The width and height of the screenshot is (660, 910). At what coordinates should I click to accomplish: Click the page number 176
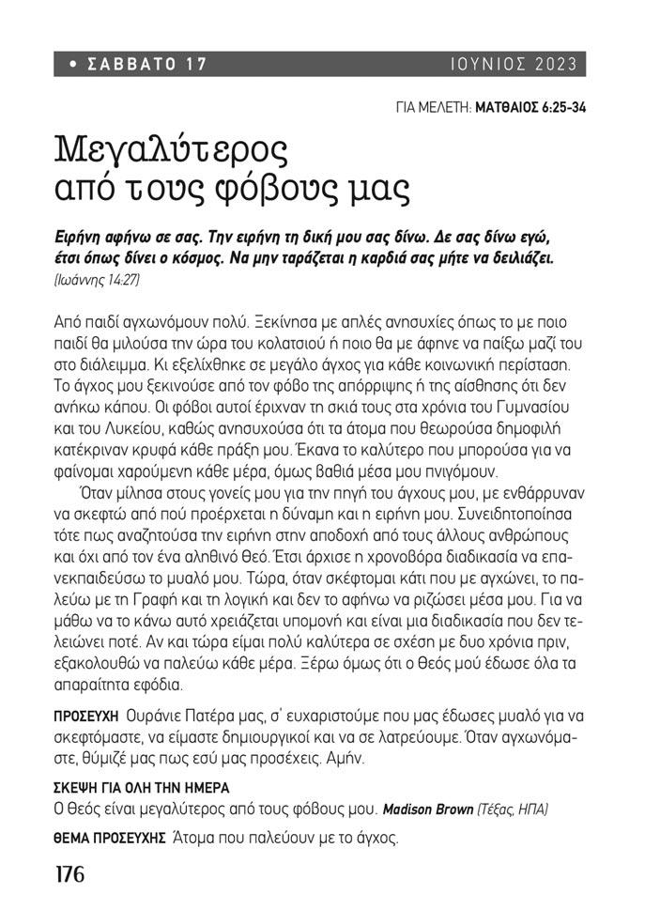(x=69, y=874)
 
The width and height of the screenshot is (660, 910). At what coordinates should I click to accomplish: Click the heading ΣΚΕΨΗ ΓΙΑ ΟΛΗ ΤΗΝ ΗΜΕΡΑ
(x=142, y=787)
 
